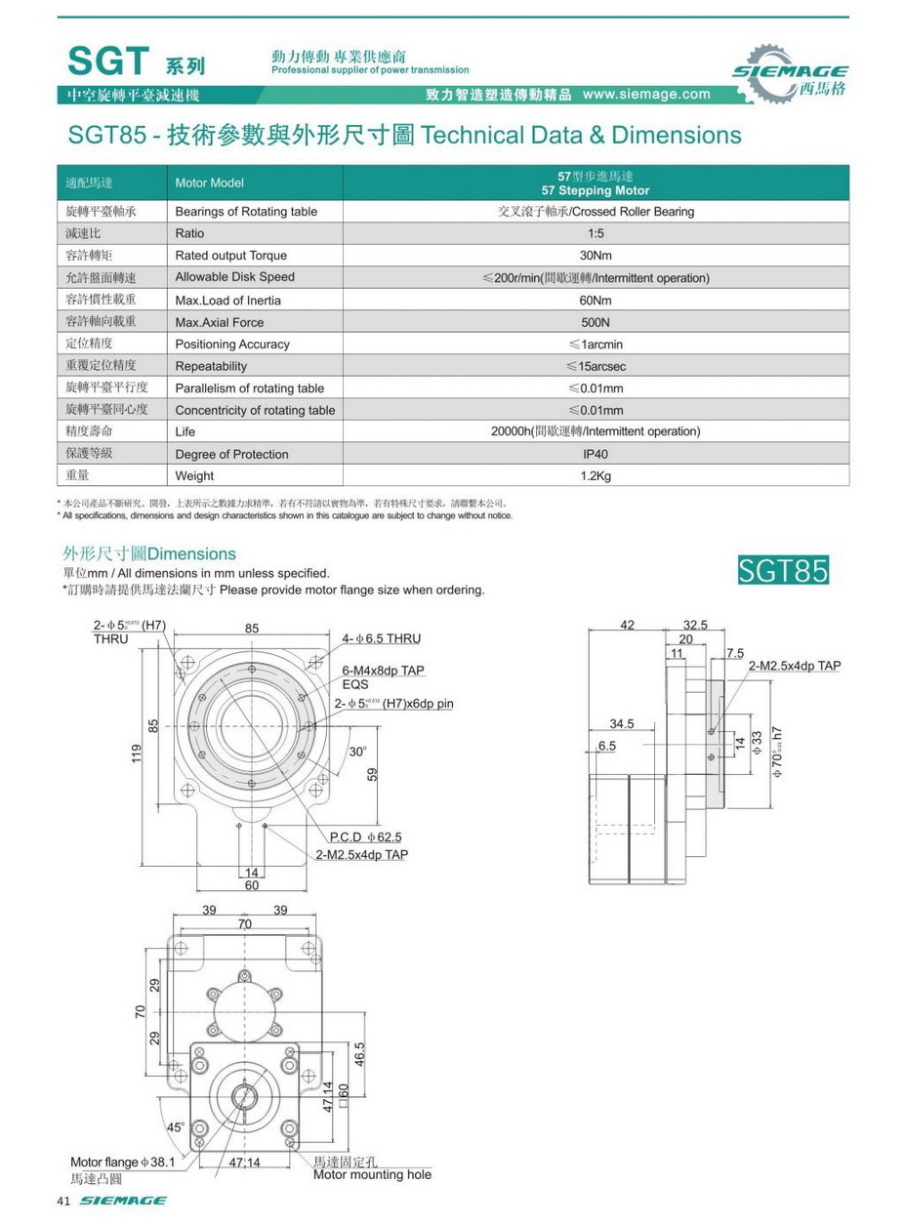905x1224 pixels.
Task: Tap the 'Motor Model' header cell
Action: [x=209, y=184]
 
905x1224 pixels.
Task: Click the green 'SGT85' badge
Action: [x=783, y=569]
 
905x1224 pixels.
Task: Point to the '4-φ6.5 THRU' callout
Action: [x=381, y=638]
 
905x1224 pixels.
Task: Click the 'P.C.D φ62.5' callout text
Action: [x=365, y=836]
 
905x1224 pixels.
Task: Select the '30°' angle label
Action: [x=358, y=752]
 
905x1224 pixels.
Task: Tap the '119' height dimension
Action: [x=138, y=754]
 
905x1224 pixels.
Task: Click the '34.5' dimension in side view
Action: [x=621, y=724]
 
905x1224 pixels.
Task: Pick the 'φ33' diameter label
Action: [x=757, y=743]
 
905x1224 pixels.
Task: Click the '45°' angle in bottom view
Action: [x=176, y=1126]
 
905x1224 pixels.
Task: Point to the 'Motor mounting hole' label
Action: [x=372, y=1174]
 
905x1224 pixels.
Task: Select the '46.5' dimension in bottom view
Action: [x=359, y=1054]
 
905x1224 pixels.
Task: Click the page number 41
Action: [x=65, y=1201]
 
